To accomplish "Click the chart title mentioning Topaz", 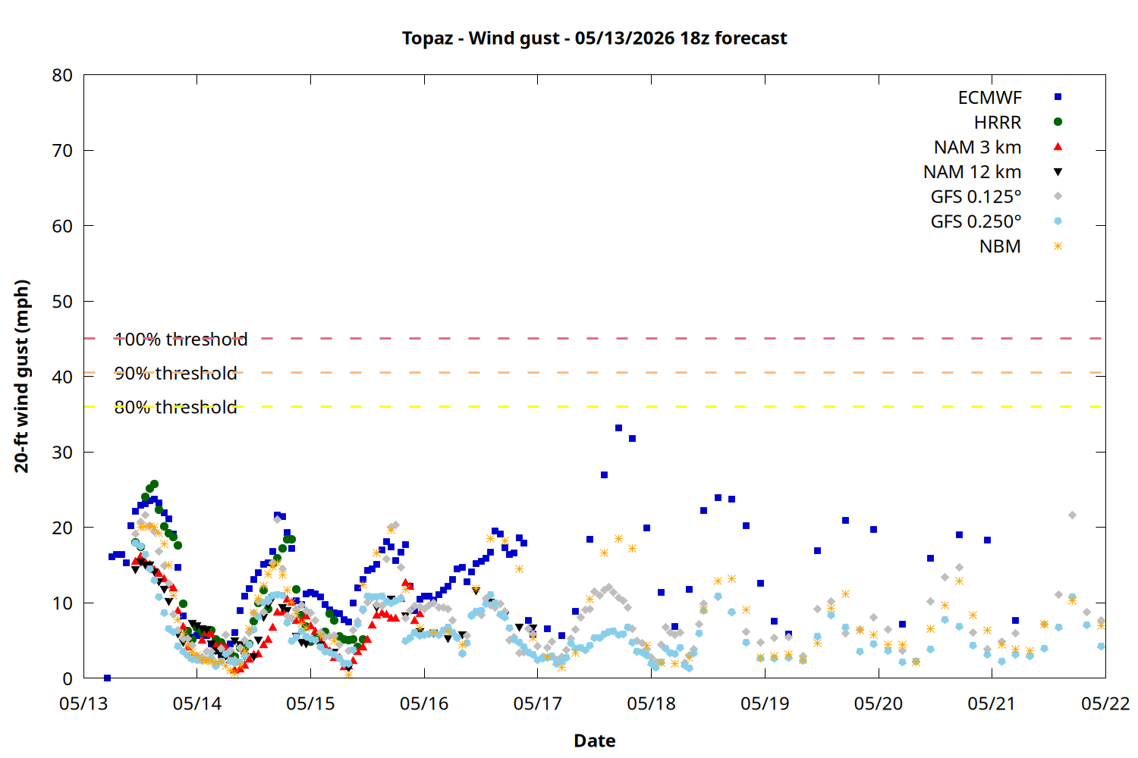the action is [x=594, y=38].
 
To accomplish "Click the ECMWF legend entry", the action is [x=989, y=98].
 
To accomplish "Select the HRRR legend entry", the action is [x=998, y=122].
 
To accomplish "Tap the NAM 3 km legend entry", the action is [x=977, y=147].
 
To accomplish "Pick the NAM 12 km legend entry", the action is [x=972, y=172].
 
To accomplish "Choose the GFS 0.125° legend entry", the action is [x=976, y=196].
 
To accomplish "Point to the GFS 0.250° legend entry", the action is [x=976, y=221].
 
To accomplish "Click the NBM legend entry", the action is [x=1000, y=246].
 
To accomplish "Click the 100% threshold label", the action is [x=181, y=339].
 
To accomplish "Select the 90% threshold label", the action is [x=175, y=373].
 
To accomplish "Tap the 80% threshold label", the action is [x=175, y=407].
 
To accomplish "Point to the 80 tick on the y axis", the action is [x=62, y=75].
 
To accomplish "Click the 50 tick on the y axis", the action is [x=62, y=302].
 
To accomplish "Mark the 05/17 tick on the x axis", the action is [x=537, y=703].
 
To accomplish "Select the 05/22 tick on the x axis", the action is [x=1105, y=703].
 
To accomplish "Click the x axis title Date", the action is [x=594, y=741].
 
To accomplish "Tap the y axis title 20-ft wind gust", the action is [x=21, y=376].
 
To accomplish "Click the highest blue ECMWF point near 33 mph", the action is [x=618, y=428].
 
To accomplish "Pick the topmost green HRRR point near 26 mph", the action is [x=155, y=484].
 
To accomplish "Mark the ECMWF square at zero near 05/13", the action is [x=107, y=678].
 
